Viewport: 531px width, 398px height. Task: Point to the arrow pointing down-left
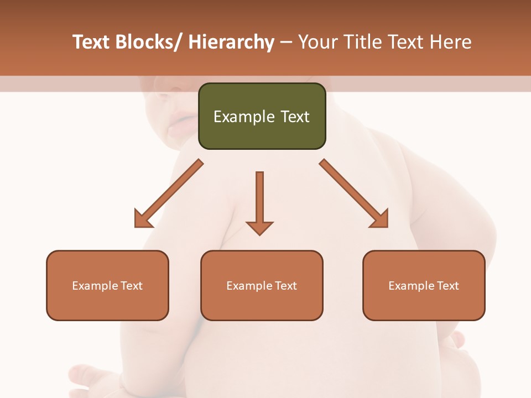pos(169,193)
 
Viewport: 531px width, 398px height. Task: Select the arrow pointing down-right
pos(354,193)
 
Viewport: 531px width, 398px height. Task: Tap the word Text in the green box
pos(295,117)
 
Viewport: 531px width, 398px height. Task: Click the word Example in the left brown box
pos(95,286)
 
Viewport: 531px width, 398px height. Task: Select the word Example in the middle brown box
pos(249,286)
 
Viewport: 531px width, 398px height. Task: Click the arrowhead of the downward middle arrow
pos(259,227)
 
